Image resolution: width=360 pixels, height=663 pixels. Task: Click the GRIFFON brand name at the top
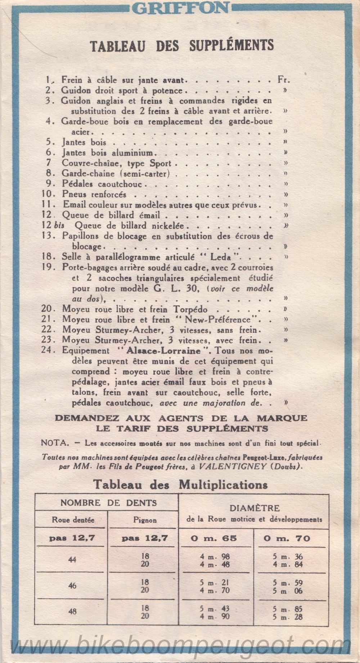(181, 8)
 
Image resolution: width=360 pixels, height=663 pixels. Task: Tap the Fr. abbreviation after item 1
(284, 80)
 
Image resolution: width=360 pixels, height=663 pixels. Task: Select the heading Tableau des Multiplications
(180, 484)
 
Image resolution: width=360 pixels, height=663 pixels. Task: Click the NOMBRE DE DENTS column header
(108, 503)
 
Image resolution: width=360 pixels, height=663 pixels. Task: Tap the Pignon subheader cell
(145, 520)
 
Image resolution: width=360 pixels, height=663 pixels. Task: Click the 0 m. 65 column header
(214, 538)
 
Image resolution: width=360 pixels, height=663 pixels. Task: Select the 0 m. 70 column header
(287, 538)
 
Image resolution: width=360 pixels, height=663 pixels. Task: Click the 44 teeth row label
(72, 560)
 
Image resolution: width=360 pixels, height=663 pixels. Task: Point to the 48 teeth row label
(72, 611)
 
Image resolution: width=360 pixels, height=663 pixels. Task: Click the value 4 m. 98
(215, 556)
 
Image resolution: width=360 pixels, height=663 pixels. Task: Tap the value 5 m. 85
(288, 609)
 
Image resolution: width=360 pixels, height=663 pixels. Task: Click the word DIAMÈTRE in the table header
(255, 508)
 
